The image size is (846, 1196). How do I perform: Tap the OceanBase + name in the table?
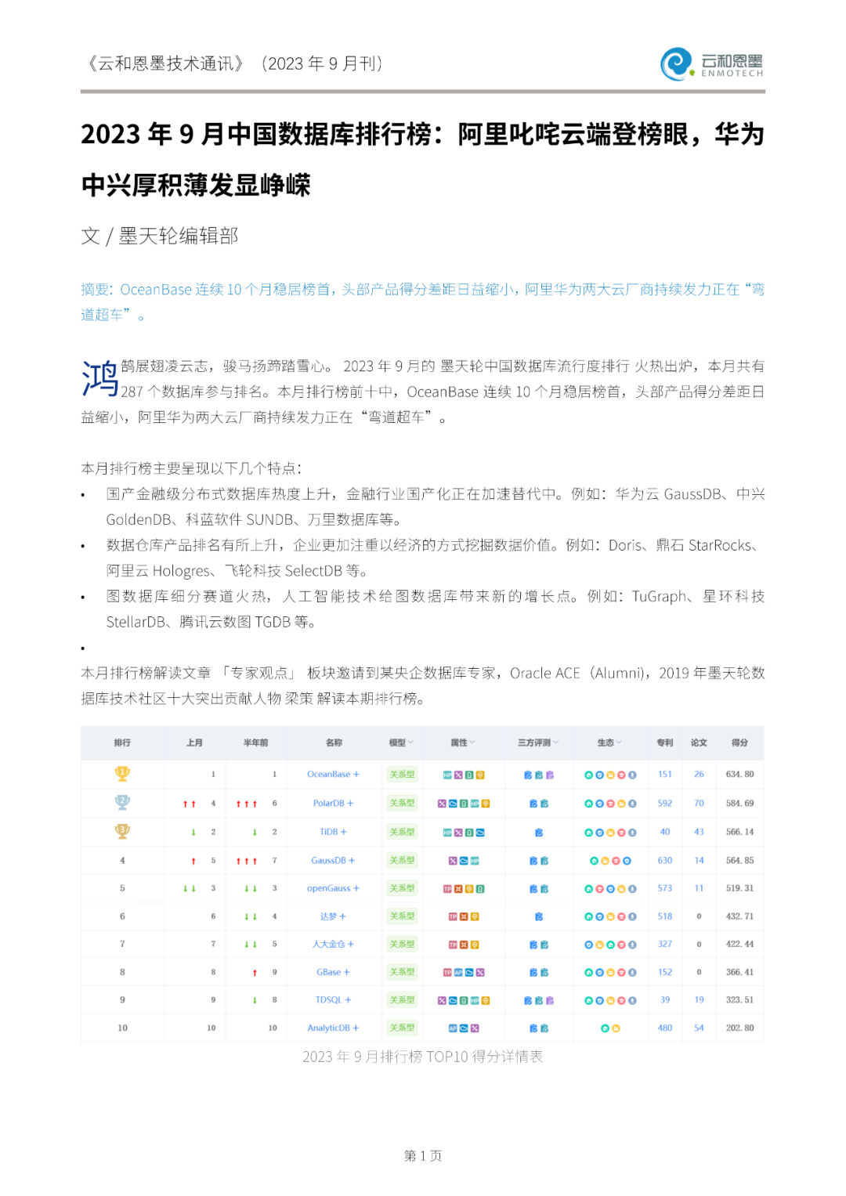click(x=333, y=774)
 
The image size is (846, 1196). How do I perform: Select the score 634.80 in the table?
click(x=739, y=774)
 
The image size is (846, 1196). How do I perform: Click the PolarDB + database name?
click(x=333, y=803)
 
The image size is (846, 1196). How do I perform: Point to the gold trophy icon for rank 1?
click(x=122, y=774)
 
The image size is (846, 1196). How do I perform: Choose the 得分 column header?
click(x=739, y=743)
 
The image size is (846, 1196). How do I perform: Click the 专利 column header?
click(x=664, y=743)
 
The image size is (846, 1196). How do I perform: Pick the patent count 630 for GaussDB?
click(x=664, y=860)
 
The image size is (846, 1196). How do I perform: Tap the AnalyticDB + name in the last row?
click(x=333, y=1028)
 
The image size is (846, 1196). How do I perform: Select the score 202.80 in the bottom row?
click(x=739, y=1028)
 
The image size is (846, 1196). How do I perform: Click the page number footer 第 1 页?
click(x=423, y=1155)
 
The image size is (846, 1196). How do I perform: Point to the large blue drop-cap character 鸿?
click(x=100, y=378)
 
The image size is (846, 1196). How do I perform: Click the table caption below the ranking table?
click(x=423, y=1057)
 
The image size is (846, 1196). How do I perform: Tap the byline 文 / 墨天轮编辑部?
click(x=160, y=236)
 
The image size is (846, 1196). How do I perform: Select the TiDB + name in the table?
click(x=333, y=832)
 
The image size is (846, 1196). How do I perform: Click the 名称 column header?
click(x=334, y=743)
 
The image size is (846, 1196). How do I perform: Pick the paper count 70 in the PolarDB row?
click(x=699, y=803)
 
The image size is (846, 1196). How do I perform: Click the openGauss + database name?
click(x=333, y=888)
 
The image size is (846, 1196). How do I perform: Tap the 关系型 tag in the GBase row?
click(x=402, y=972)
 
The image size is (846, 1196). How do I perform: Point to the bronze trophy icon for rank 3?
click(x=122, y=831)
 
